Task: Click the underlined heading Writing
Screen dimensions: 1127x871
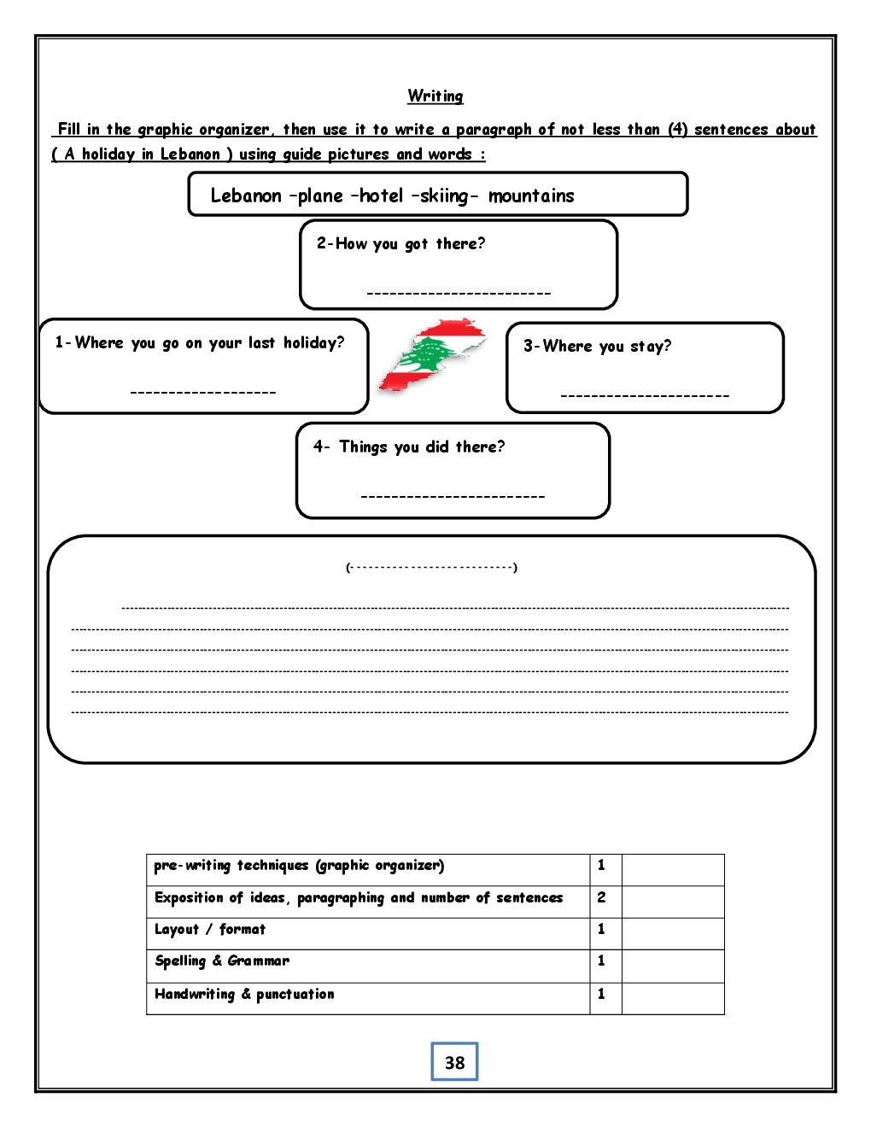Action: point(435,96)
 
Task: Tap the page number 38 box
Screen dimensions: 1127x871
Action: point(454,1062)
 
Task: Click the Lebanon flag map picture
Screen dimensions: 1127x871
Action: point(432,356)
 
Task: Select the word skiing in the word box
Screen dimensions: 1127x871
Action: point(444,196)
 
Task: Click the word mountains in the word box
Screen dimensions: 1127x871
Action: point(531,196)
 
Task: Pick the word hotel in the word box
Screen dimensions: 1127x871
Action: point(381,196)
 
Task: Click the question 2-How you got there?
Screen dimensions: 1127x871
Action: point(400,243)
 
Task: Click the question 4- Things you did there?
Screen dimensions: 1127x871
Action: point(409,447)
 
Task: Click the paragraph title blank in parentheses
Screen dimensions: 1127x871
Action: point(432,567)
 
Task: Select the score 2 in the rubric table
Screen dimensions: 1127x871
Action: point(601,897)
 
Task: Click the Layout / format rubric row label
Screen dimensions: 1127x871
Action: point(210,929)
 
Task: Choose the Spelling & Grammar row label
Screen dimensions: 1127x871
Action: point(222,961)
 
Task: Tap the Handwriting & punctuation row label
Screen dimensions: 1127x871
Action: point(244,994)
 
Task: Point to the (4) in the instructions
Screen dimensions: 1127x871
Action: point(677,129)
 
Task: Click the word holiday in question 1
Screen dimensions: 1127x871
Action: point(313,342)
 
